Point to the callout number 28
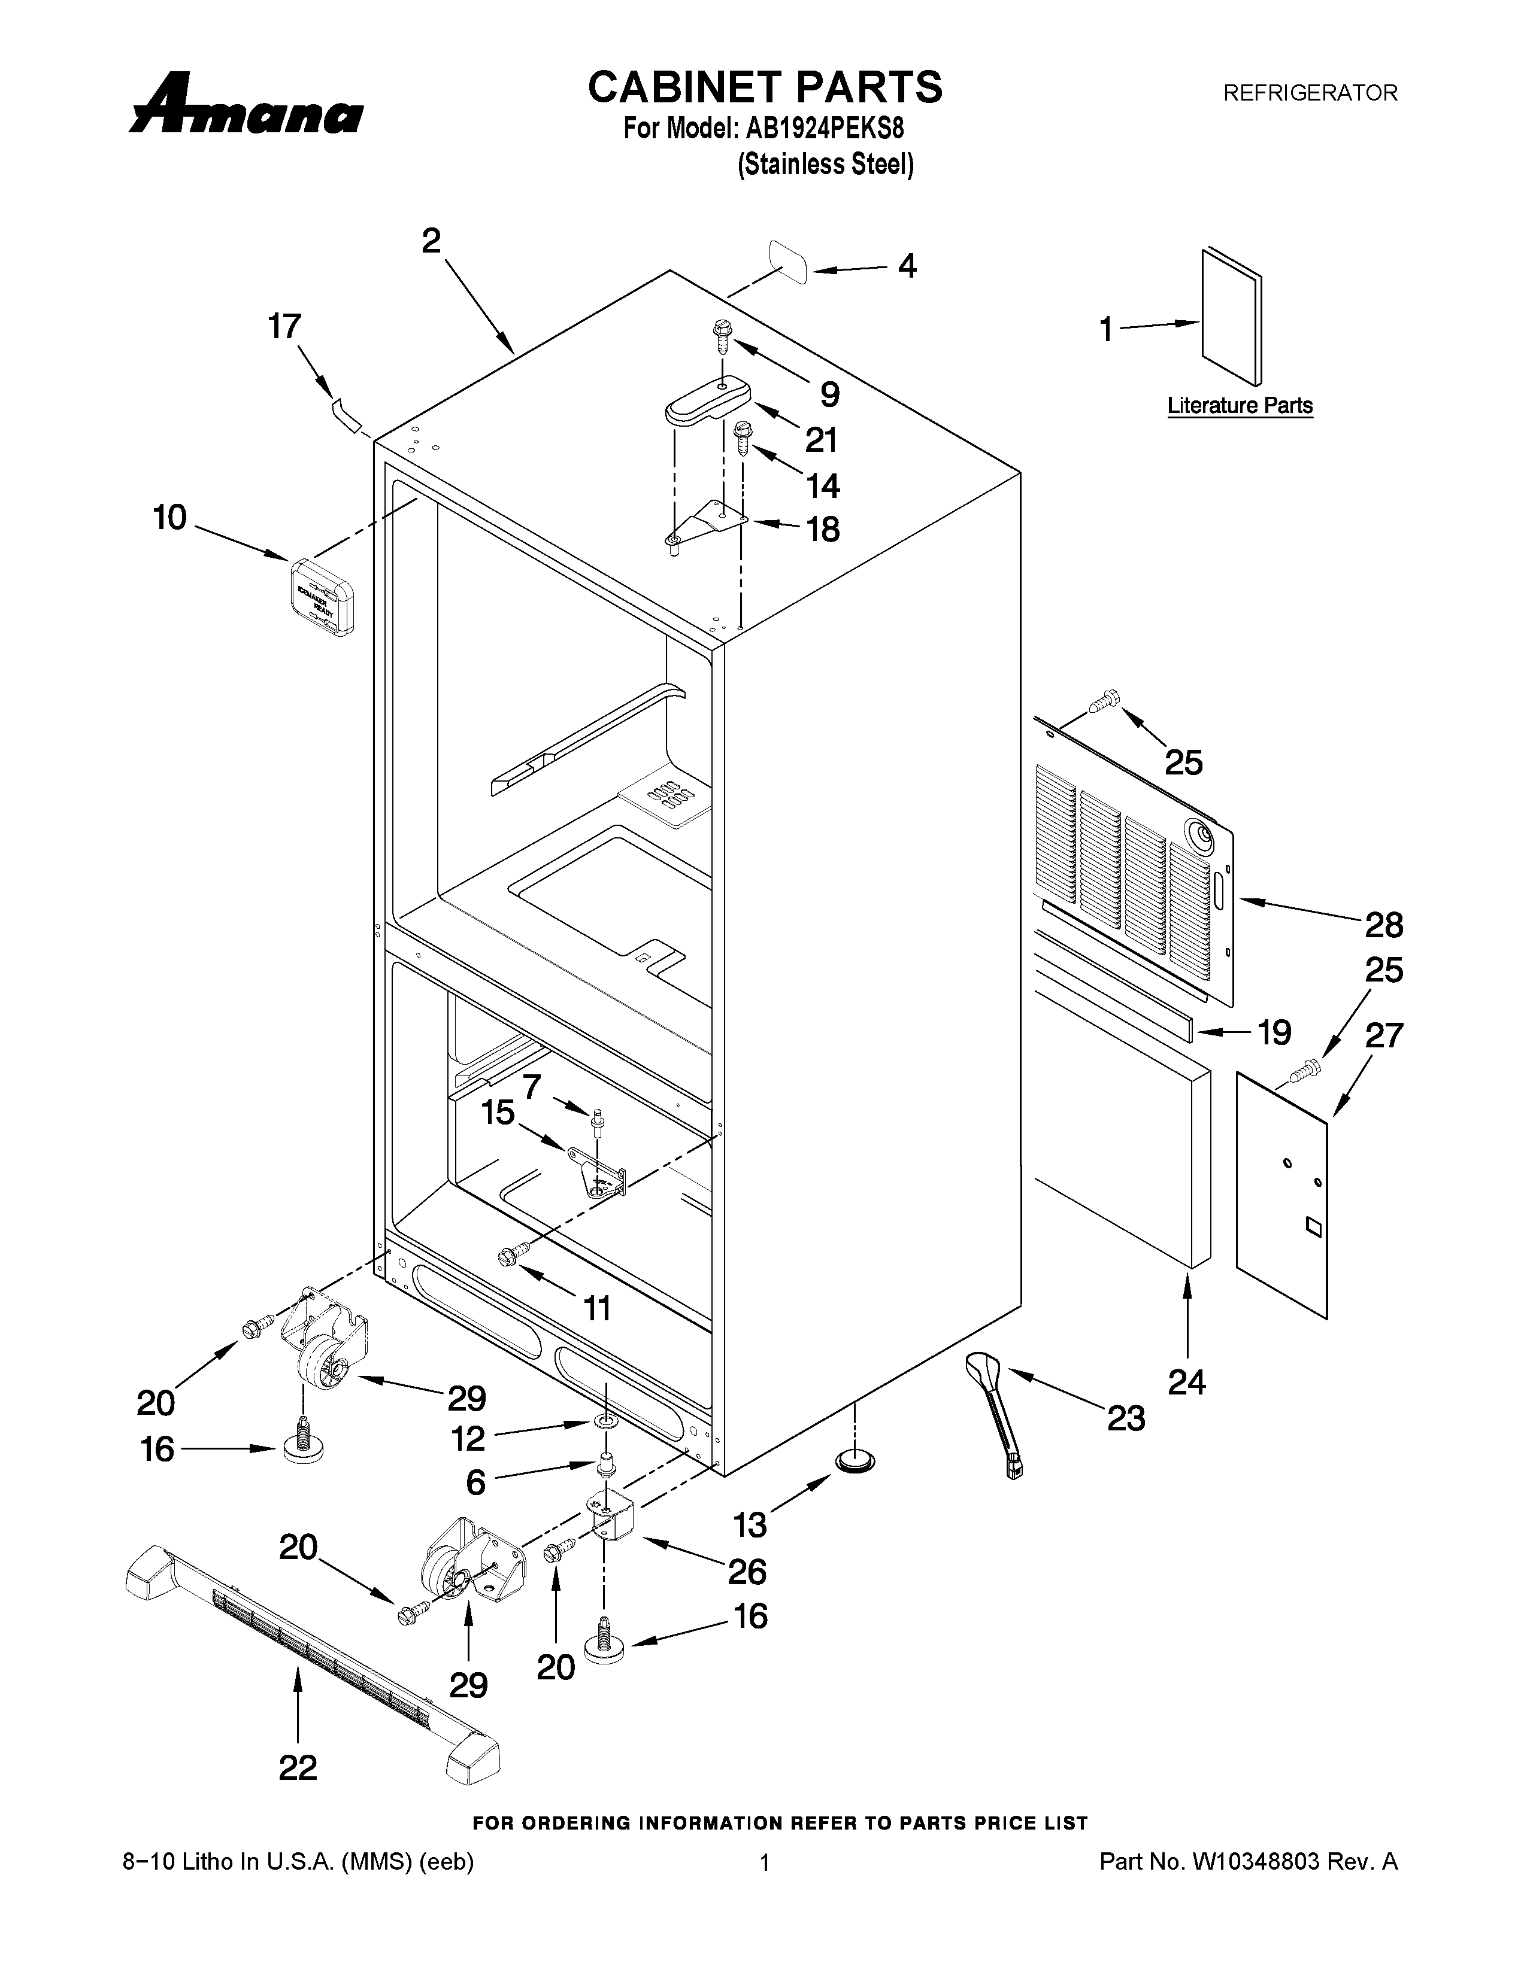[1383, 925]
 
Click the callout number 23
[1126, 1418]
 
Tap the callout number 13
[750, 1525]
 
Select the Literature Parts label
[1240, 406]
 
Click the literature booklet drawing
[1231, 317]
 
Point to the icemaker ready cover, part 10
[323, 596]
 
